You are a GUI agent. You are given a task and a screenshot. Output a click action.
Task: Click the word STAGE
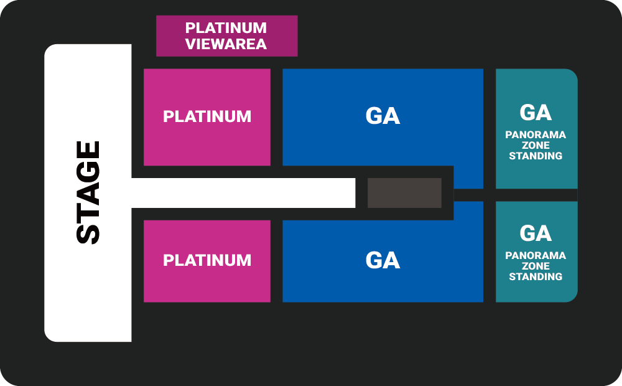pos(88,192)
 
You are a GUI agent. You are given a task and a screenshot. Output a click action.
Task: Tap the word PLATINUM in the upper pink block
pos(207,116)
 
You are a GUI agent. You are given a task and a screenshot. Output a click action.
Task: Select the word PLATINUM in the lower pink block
pos(207,260)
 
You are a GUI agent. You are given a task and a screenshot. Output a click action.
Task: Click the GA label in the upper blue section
pos(383,116)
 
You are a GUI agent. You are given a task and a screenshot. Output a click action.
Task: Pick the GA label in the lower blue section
pos(383,260)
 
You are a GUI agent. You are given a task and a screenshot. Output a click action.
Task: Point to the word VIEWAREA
pos(226,44)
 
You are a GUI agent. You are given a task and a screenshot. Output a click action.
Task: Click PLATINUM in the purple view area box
pos(226,28)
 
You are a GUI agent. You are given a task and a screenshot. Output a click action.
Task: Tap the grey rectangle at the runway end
pos(405,192)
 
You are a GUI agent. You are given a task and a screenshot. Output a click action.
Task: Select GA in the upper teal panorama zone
pos(536,113)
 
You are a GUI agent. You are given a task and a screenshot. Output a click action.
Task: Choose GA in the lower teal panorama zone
pos(536,233)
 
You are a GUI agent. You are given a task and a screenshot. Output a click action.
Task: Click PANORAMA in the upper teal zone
pos(536,134)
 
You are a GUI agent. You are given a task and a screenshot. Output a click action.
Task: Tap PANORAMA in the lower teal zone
pos(536,255)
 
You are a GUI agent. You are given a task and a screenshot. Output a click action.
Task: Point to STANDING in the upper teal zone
pos(536,156)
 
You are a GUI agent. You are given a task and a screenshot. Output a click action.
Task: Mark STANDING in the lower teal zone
pos(536,276)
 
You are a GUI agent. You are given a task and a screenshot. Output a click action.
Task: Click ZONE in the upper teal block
pos(536,145)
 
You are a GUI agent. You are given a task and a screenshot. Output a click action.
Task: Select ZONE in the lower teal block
pos(536,266)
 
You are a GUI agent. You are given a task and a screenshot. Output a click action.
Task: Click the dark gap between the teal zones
pos(536,195)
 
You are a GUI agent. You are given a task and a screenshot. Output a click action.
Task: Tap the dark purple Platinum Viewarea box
pos(227,35)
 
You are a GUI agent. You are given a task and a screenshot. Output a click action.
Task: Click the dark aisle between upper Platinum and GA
pos(277,117)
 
